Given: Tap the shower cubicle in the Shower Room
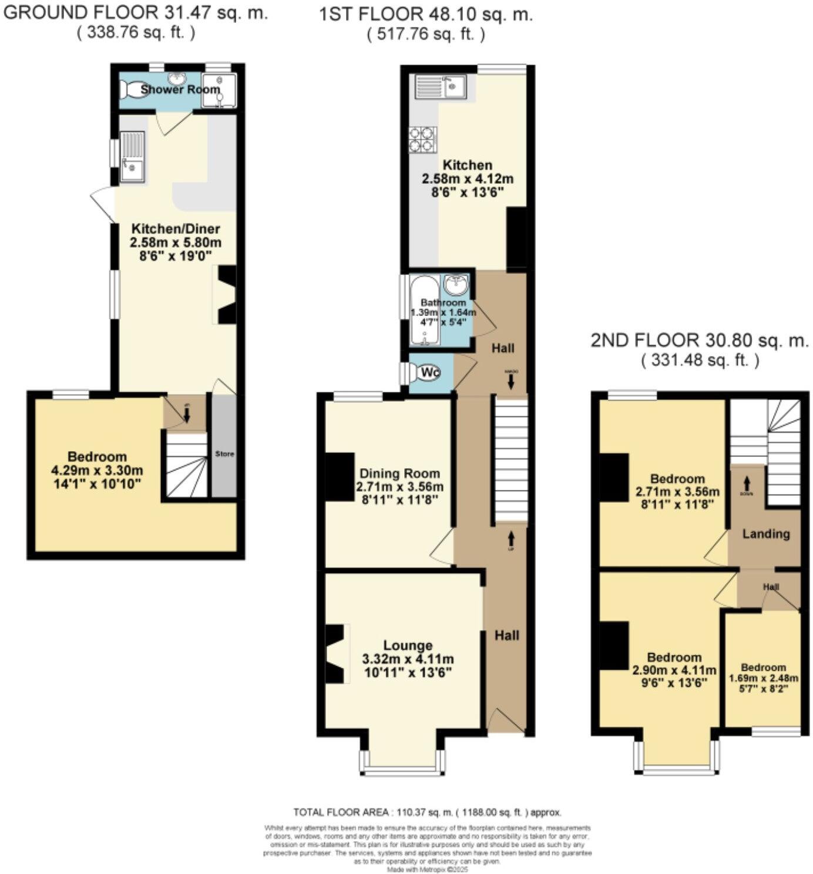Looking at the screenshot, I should (x=219, y=90).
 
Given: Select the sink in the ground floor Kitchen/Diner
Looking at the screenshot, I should (x=132, y=156).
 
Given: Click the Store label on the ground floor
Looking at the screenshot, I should (x=224, y=454).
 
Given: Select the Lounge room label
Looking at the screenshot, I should (x=408, y=646).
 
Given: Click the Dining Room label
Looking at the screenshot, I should (x=399, y=473).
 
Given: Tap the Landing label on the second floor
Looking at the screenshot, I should (x=765, y=533).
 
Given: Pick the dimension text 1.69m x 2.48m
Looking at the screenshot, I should (x=763, y=678).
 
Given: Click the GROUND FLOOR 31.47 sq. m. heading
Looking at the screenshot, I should (x=136, y=13).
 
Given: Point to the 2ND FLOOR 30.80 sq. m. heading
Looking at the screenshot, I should (x=700, y=341).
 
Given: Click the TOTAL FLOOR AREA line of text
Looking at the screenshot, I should (x=427, y=812).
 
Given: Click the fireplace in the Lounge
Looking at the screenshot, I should (x=335, y=654).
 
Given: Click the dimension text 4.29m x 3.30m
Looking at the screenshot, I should (x=97, y=470).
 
